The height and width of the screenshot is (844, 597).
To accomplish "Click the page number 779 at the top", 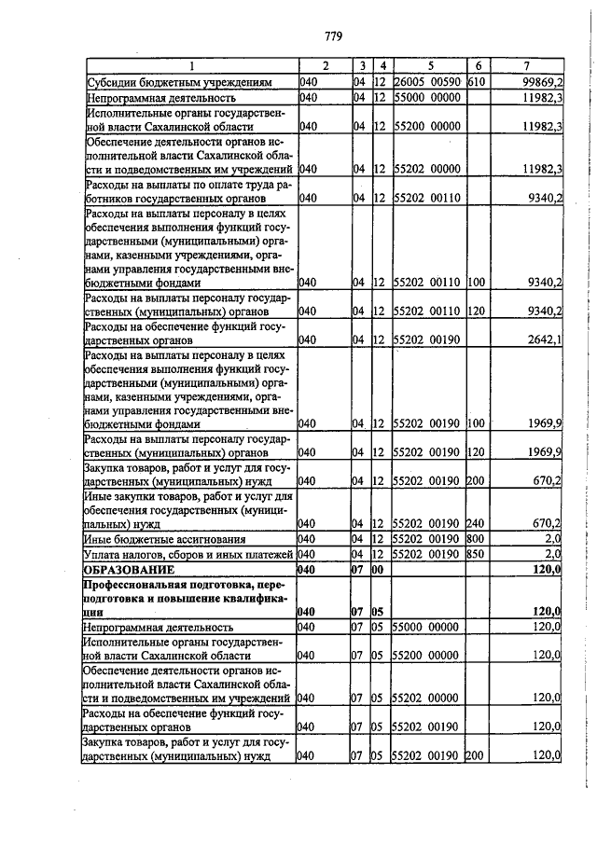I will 334,36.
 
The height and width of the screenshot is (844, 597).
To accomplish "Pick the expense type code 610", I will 477,82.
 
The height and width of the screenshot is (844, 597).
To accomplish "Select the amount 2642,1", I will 543,339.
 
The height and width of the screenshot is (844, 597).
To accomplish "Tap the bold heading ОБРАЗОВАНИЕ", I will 130,568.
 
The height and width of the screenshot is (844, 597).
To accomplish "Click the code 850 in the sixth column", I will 477,554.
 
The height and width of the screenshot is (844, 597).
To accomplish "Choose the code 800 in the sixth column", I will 477,539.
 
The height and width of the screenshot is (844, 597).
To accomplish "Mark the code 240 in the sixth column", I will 477,524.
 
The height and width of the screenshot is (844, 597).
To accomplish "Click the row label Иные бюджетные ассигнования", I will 165,539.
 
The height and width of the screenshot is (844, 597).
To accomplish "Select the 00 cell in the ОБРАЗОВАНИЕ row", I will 378,568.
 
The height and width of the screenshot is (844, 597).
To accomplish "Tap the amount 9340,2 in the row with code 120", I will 544,311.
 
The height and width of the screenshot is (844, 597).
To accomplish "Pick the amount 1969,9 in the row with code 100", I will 544,423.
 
